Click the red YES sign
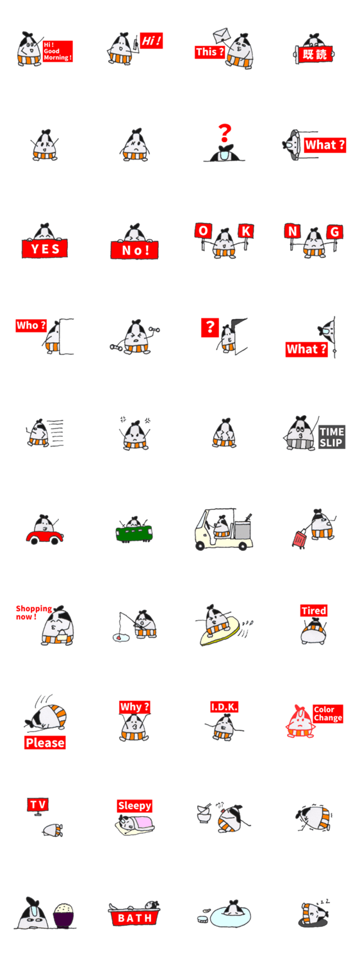pos(45,249)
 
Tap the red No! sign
pos(135,250)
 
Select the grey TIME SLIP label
pos(332,437)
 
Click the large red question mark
pos(224,133)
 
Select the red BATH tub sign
pos(135,918)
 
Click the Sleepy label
pos(135,806)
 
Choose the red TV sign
pos(38,805)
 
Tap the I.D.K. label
pos(224,707)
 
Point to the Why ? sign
pos(135,707)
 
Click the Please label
pos(45,743)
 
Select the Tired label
pos(314,611)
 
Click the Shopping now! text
pos(33,612)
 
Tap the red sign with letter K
pos(246,231)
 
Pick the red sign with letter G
pos(334,232)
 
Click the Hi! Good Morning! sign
pos(58,51)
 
